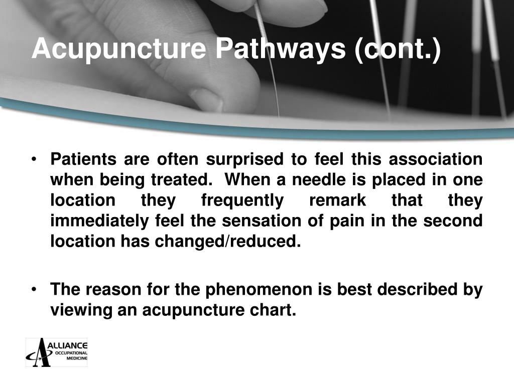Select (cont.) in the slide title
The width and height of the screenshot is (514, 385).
399,50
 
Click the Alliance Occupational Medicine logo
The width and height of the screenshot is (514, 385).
57,352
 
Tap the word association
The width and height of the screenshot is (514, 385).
437,159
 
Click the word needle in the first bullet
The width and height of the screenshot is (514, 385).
311,180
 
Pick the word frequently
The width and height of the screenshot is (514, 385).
242,201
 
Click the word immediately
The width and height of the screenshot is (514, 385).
101,221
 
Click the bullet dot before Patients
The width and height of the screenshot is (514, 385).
34,160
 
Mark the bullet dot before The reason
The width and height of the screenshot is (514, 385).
34,290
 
